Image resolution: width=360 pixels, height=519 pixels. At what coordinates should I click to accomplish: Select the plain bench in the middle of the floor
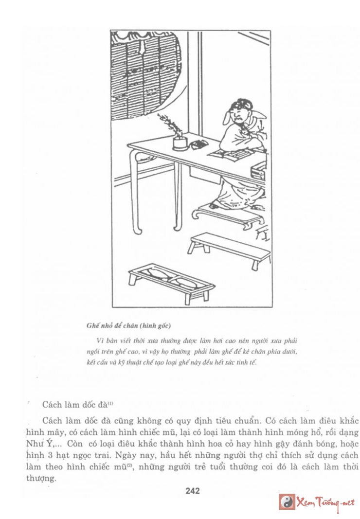point(229,248)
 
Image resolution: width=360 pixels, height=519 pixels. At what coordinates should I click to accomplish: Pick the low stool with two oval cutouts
point(171,280)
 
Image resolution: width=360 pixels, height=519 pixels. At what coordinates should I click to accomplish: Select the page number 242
point(192,491)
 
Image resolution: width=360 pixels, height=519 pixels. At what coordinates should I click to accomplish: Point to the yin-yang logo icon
point(287,501)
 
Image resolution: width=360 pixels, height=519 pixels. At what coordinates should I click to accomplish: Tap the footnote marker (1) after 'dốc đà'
point(111,402)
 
